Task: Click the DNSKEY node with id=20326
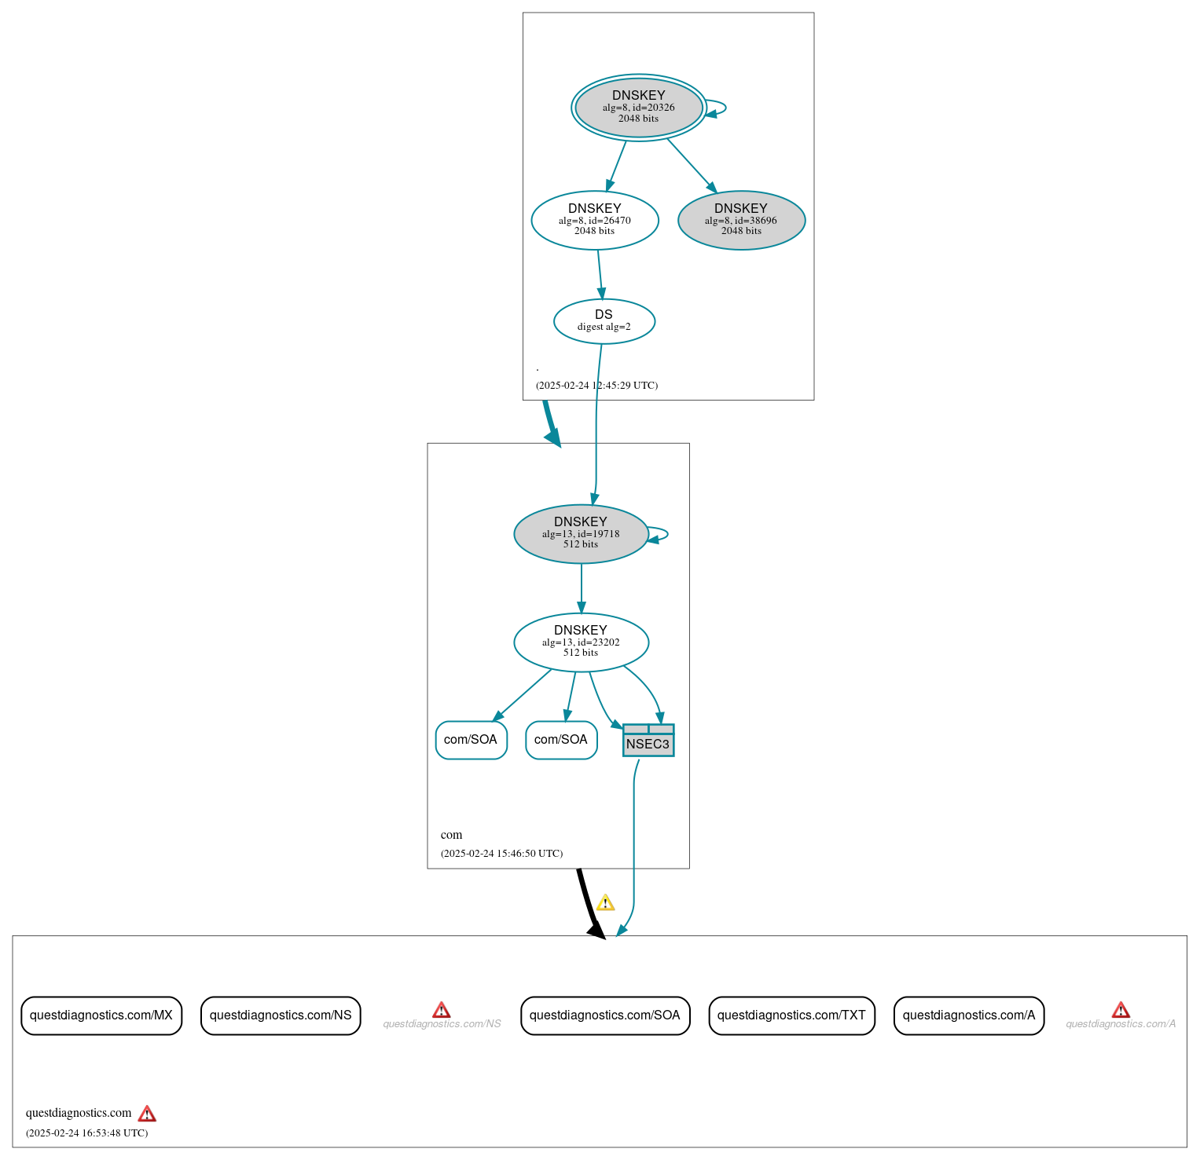click(x=638, y=108)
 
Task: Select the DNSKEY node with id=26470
click(x=594, y=220)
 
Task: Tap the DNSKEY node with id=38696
click(x=741, y=220)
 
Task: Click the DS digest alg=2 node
click(x=604, y=320)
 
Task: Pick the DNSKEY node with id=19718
click(x=581, y=533)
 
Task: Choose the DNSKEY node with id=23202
click(x=581, y=642)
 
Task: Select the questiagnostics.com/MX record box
click(x=101, y=1015)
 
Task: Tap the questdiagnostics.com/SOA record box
click(x=605, y=1015)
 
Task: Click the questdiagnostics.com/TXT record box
click(x=791, y=1015)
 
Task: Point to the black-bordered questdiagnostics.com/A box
click(x=969, y=1015)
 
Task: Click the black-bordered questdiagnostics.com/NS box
click(x=281, y=1015)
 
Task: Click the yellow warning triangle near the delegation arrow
click(x=605, y=903)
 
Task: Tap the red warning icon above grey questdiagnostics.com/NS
click(x=442, y=1010)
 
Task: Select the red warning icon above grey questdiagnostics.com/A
click(x=1121, y=1010)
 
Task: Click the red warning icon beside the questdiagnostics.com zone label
click(x=147, y=1114)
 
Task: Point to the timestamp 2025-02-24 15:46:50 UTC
click(x=501, y=854)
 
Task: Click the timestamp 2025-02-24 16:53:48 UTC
click(x=86, y=1133)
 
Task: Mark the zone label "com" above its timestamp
click(x=451, y=835)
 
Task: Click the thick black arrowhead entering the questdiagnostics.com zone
click(x=597, y=930)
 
